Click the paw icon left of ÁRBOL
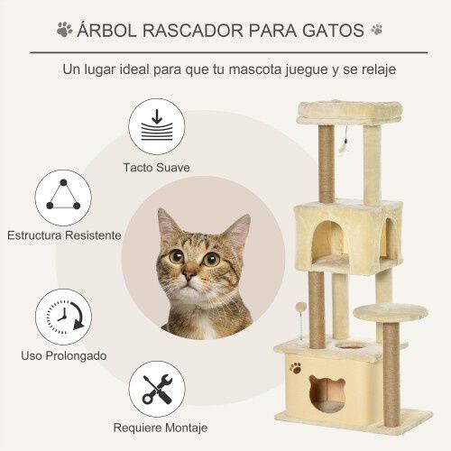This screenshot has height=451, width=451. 64,30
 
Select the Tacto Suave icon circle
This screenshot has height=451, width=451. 152,127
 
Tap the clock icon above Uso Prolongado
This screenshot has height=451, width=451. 63,317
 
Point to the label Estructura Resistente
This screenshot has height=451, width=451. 63,235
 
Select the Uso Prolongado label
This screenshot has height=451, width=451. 63,355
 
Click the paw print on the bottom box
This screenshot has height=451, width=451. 296,368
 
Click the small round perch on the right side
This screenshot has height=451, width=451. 390,311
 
